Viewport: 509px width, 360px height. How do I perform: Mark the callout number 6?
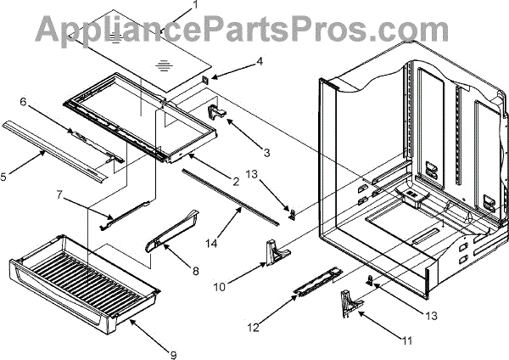tap(24, 101)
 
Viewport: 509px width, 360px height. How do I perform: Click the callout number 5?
tap(4, 177)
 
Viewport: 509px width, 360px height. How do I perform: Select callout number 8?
tap(196, 272)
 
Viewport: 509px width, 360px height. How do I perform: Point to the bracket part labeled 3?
tap(215, 110)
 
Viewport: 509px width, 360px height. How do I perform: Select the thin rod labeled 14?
tap(229, 197)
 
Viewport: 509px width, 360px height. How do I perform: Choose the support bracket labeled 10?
tap(274, 250)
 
